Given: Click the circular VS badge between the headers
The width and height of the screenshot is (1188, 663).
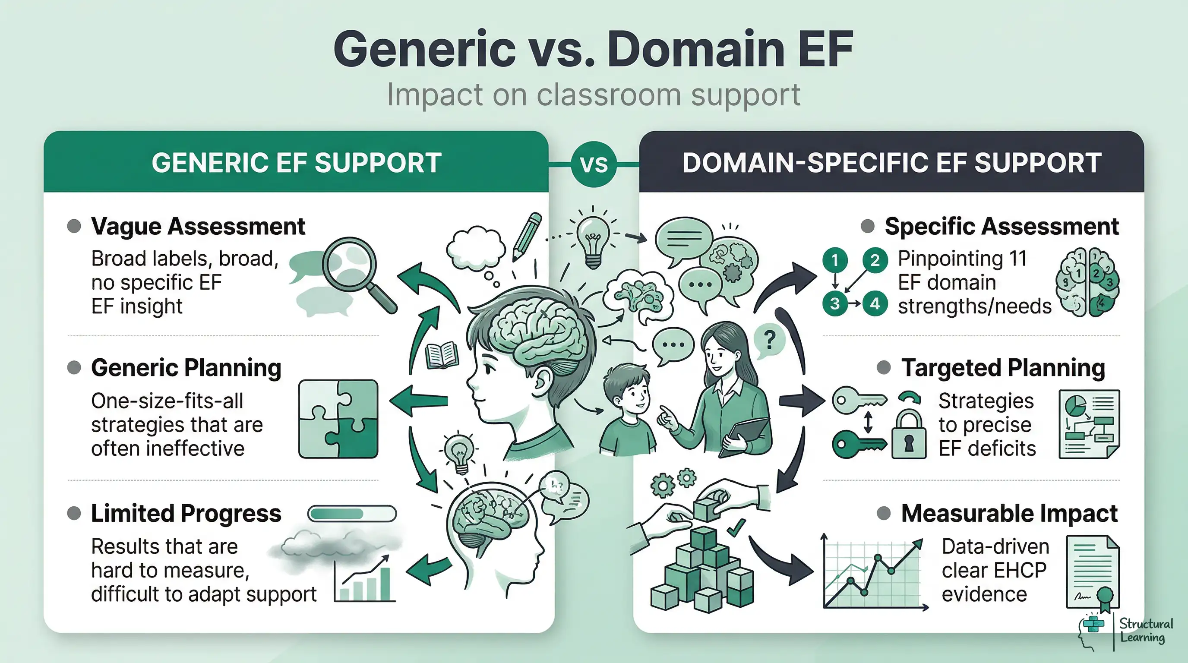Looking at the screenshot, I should click(x=594, y=164).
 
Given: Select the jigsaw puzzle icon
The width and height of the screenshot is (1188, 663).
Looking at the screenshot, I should click(x=338, y=419).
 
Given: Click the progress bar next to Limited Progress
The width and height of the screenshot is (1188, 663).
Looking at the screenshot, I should click(x=352, y=513).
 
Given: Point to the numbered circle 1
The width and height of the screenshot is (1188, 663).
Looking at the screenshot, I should click(x=835, y=260).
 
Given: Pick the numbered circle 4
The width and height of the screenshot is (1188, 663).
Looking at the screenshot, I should click(x=875, y=304).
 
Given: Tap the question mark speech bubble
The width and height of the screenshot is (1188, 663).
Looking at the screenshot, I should click(x=769, y=340).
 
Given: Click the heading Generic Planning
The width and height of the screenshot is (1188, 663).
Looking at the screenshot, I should click(x=186, y=367).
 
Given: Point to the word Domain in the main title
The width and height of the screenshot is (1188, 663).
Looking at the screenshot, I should click(x=695, y=49).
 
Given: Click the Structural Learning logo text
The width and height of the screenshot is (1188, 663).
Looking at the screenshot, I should click(x=1146, y=630).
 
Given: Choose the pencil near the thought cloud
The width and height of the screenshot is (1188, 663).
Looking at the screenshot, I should click(x=528, y=236).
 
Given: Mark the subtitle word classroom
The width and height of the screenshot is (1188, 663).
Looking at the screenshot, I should click(x=608, y=95).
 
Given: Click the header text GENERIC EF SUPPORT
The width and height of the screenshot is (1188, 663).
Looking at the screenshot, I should click(x=297, y=163).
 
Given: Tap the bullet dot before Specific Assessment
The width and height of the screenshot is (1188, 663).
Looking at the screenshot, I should click(x=868, y=226).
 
